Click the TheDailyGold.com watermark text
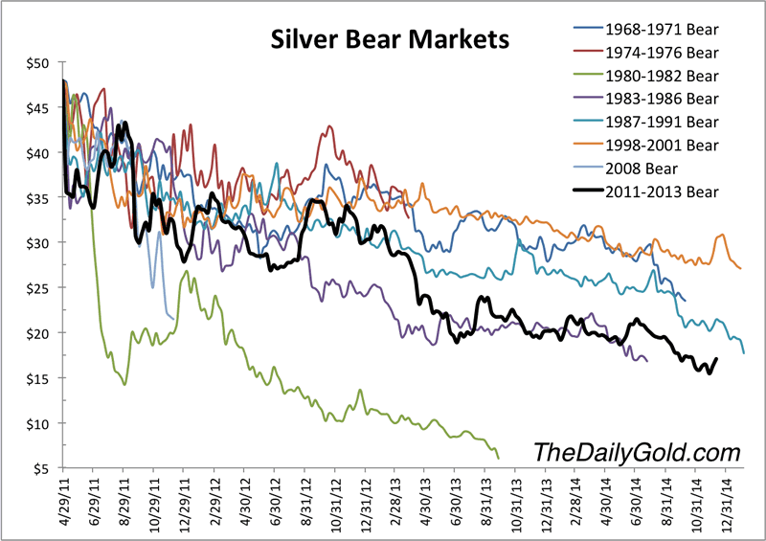[x=636, y=451]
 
